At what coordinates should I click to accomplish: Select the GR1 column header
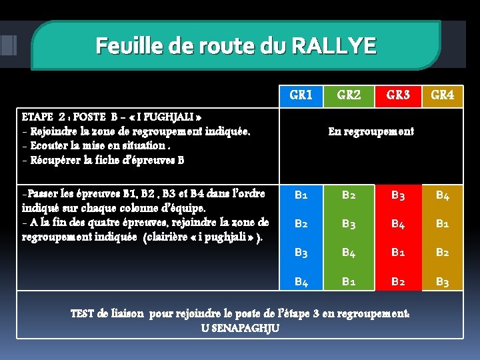[301, 95]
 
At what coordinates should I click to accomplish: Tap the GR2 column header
[349, 95]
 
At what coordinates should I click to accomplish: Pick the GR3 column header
[398, 95]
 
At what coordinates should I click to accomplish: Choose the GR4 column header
[443, 95]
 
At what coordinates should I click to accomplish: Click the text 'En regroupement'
[371, 131]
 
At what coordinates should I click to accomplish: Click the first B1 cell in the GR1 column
[301, 195]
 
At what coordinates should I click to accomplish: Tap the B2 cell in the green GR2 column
[349, 195]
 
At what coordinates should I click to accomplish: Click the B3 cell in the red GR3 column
[398, 195]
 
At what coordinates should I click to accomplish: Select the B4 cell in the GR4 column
[443, 195]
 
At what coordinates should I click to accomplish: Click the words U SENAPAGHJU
[240, 327]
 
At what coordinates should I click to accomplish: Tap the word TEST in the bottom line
[83, 313]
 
